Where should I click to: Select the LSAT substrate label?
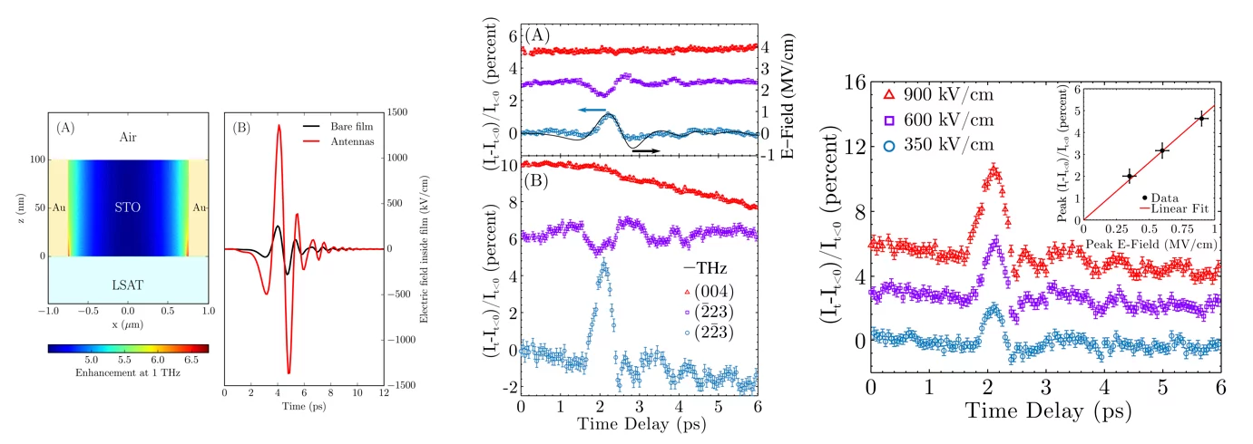coord(127,284)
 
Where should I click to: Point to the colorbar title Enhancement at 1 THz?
coord(128,373)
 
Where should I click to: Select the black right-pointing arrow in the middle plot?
coord(645,150)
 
